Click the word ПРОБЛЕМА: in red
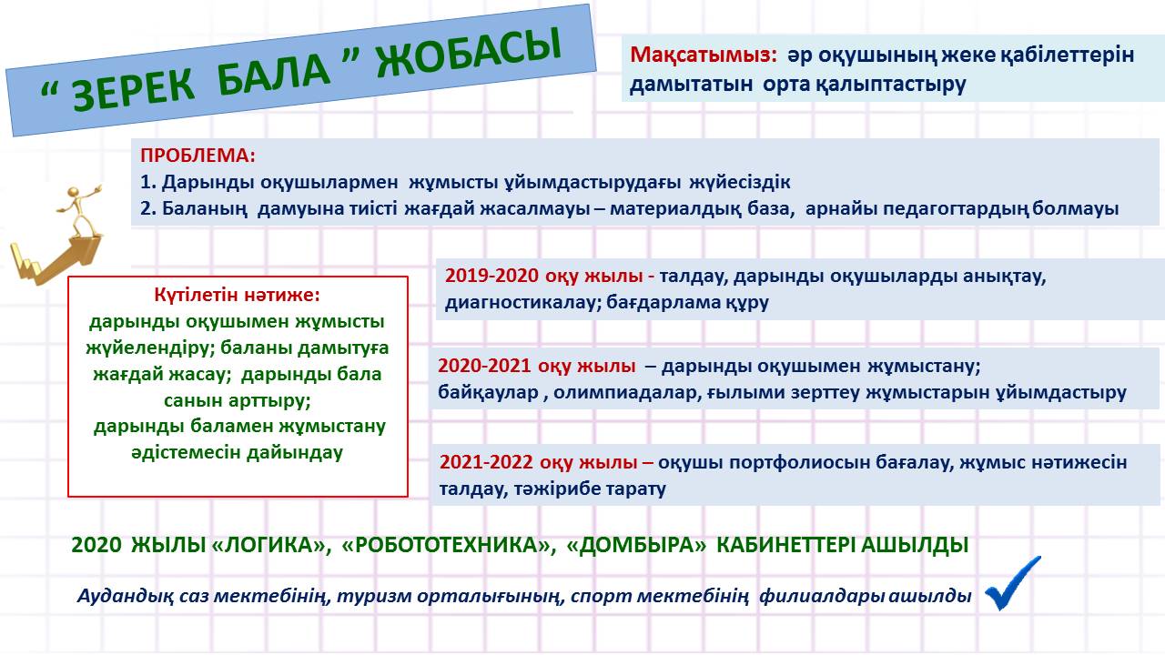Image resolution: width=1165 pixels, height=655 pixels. point(198,156)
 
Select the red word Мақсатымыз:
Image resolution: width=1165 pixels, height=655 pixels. point(704,55)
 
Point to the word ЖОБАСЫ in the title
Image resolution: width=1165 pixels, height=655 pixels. point(469,54)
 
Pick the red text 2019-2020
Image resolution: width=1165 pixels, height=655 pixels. point(491,276)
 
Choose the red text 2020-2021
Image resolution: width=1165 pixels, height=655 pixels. point(484,366)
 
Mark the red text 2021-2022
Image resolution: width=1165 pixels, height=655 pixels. point(486,462)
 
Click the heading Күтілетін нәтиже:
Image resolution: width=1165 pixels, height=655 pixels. point(238,295)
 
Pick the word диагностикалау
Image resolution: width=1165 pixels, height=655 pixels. point(522,303)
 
